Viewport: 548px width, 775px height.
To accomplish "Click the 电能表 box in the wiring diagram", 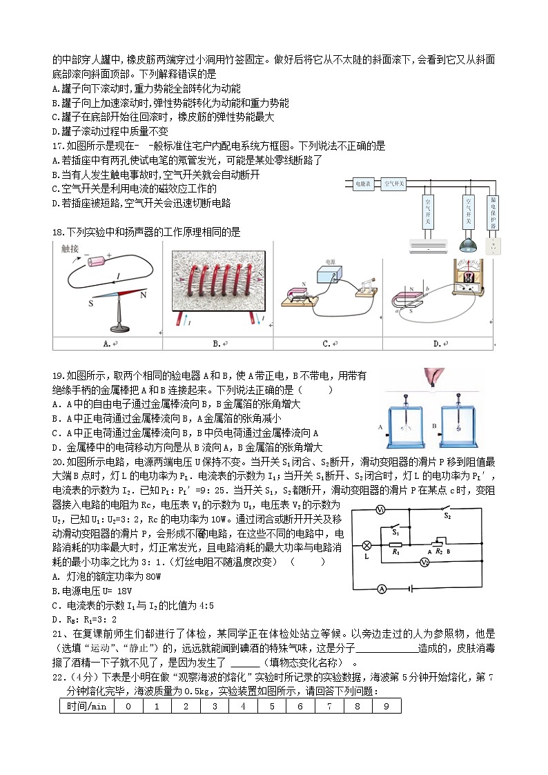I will [x=363, y=184].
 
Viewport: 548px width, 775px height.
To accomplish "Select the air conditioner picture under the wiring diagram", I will [x=428, y=245].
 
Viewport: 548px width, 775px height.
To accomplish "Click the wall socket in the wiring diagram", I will [x=493, y=246].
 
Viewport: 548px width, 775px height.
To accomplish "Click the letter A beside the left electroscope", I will [x=380, y=427].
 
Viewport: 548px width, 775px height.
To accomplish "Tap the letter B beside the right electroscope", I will [x=435, y=427].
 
